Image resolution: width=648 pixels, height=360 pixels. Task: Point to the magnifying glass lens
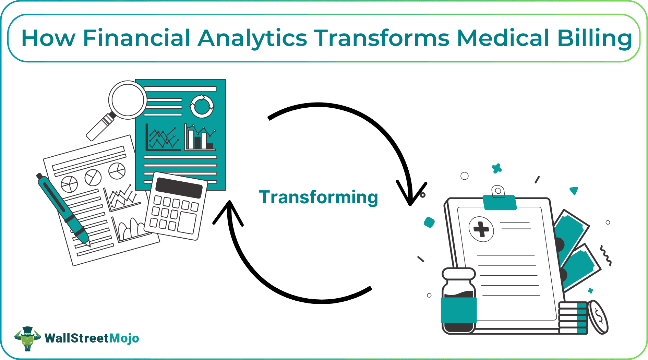coord(128,100)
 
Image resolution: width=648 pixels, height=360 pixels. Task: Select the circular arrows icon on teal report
coord(202,106)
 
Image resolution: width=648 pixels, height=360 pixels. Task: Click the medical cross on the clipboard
coord(481,229)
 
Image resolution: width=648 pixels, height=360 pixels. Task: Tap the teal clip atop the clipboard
coord(500,202)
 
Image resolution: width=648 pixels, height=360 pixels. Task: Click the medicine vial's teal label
coord(458,310)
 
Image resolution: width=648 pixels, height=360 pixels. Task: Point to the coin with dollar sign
coord(598,317)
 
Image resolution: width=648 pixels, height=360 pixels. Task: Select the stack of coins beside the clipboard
coord(573,318)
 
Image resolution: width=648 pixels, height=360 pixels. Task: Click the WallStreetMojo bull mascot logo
coord(27,338)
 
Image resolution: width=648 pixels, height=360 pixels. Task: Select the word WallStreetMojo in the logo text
coord(92,338)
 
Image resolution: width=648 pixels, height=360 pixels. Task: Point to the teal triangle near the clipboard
coord(574,191)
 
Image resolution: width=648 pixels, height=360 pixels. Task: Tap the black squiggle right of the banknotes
coord(606,255)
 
